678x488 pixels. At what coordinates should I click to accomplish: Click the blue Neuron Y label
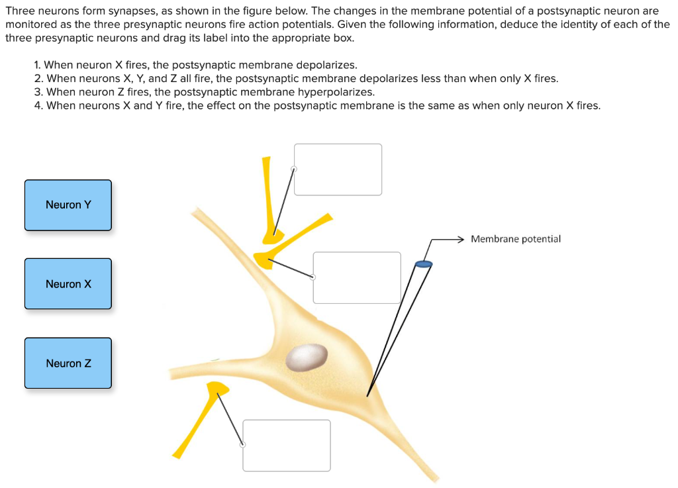(x=68, y=205)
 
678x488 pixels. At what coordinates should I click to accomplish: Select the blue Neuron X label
(x=68, y=284)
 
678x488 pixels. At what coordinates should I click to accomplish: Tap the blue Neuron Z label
(x=68, y=364)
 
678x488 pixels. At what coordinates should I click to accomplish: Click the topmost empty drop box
(x=338, y=170)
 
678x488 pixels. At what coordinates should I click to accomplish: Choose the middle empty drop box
(x=357, y=277)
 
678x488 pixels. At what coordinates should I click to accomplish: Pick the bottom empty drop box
(x=286, y=445)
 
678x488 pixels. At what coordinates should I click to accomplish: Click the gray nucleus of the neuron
(x=306, y=357)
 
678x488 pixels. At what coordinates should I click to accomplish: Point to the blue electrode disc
(x=423, y=265)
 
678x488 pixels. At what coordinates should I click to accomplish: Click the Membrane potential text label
(x=515, y=239)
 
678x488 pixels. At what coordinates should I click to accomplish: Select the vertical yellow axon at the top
(x=267, y=192)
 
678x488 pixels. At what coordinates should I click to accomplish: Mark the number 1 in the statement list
(x=37, y=65)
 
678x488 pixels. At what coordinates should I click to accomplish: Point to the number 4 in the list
(x=38, y=106)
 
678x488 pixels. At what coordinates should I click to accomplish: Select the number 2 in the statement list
(x=38, y=79)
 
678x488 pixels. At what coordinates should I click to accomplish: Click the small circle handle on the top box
(x=294, y=169)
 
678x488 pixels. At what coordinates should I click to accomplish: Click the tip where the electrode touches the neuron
(x=367, y=395)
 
